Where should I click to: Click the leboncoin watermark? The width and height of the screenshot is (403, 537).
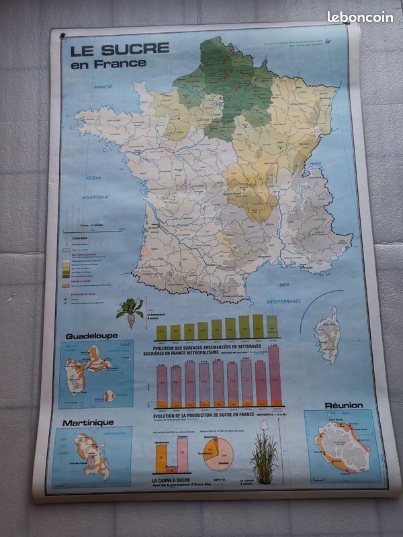coord(360,17)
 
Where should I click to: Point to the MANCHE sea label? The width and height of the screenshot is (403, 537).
coord(103,87)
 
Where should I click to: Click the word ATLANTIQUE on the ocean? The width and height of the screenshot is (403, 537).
coord(95,197)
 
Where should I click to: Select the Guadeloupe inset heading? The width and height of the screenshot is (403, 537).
coord(91,336)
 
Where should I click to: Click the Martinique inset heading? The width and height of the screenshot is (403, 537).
coord(88,423)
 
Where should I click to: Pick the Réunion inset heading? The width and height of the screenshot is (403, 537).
coord(343,405)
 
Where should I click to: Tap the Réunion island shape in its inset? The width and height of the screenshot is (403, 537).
coord(342,446)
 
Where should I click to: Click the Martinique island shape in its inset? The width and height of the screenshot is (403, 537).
coord(92,455)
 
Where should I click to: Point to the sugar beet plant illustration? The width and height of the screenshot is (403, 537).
coord(130,311)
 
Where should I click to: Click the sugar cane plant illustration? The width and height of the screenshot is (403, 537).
coord(263,456)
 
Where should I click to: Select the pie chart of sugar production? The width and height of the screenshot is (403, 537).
coord(218,454)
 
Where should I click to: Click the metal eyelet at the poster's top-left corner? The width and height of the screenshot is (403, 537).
coord(62,36)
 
